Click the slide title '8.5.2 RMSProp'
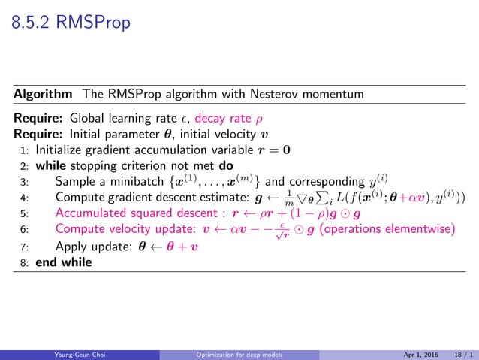coord(72,24)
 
